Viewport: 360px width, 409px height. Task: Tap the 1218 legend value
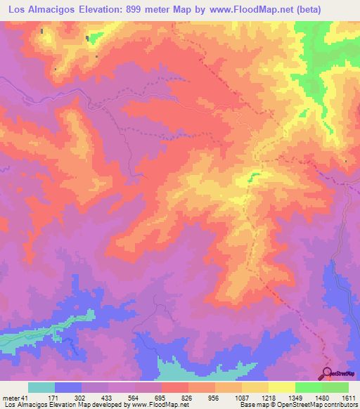[268, 398]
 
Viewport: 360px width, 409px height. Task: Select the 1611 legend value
[348, 398]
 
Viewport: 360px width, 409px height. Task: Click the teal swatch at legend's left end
[41, 387]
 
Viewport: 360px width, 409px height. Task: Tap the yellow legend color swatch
[281, 387]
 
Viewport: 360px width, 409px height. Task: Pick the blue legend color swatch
[68, 387]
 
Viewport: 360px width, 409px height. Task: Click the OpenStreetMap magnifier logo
[328, 372]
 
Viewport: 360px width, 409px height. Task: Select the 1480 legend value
[321, 398]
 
